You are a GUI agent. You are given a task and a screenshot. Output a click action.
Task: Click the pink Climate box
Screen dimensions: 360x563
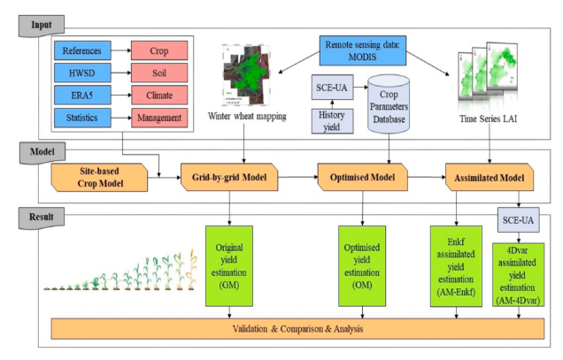click(x=159, y=95)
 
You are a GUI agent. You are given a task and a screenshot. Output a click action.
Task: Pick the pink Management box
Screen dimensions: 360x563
click(x=159, y=117)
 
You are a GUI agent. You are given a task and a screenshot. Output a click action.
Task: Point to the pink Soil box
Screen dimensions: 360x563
click(x=159, y=73)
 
